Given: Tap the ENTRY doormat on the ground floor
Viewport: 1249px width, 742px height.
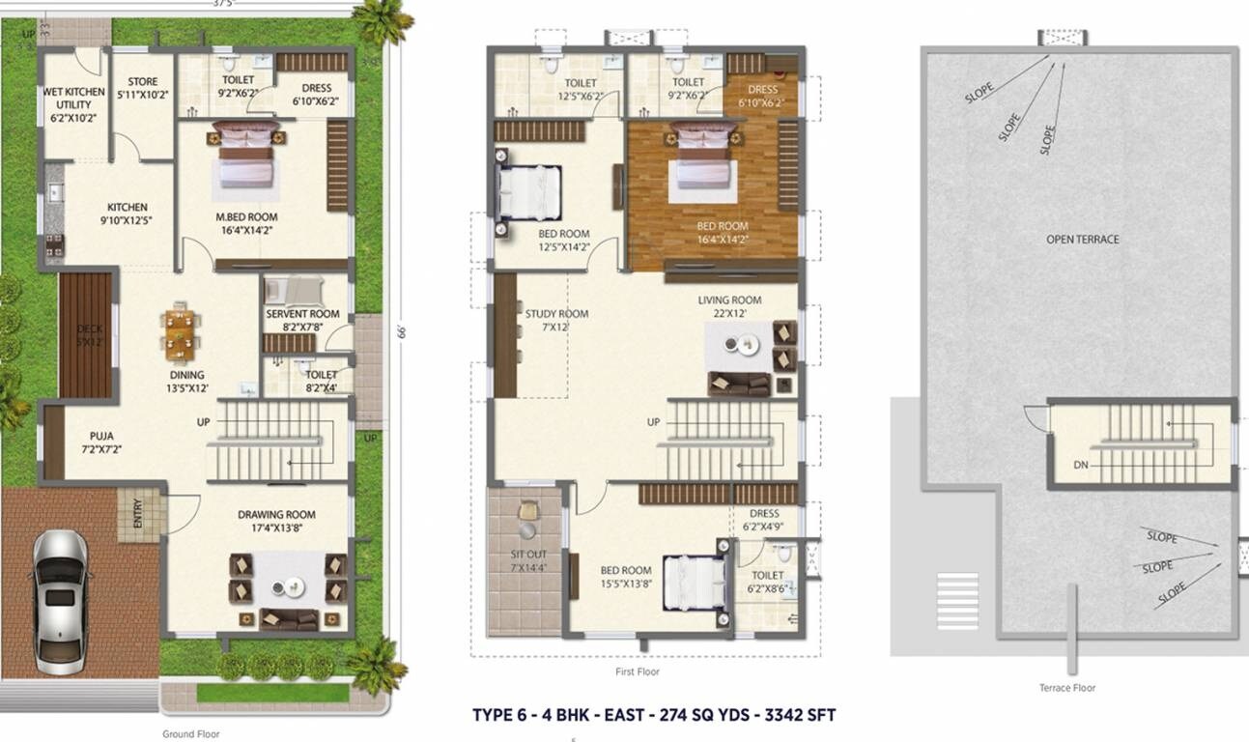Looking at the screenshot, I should (x=129, y=514).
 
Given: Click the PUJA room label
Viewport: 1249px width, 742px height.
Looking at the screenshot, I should (x=101, y=442).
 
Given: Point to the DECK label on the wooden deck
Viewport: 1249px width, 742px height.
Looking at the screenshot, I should (x=88, y=334).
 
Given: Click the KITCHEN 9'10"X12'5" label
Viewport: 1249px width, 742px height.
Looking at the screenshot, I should (x=128, y=214).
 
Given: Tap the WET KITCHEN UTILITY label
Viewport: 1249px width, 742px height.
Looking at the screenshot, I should (x=74, y=104).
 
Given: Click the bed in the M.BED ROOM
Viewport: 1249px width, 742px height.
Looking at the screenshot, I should (x=245, y=158).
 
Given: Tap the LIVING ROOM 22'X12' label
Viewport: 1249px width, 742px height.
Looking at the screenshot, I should (x=729, y=306).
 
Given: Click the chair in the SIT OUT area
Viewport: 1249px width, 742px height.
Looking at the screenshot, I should (x=527, y=512).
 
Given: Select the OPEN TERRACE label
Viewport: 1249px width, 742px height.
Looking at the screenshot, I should (x=1083, y=239).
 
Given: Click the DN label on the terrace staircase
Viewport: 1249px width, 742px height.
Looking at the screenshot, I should (x=1081, y=465).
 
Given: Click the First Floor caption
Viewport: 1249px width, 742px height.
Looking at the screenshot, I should (x=638, y=671).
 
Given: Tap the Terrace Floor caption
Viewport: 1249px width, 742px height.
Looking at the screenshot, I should (x=1068, y=688).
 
